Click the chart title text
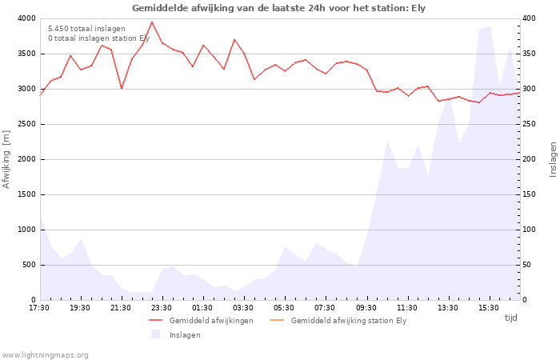coord(278,8)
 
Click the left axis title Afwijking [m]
coord(6,158)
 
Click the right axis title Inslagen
coord(553,158)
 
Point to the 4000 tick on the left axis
coord(26,18)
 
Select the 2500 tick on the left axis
coord(26,124)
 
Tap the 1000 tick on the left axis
coord(26,230)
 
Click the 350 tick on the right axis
coord(530,54)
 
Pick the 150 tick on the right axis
coord(530,194)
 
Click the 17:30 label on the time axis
coord(39,308)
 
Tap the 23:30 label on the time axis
coord(162,308)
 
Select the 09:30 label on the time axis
coord(366,308)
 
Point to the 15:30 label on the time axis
coord(489,308)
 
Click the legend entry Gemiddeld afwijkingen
coord(211,321)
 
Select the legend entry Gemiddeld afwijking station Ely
coord(349,321)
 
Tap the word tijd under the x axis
coord(510,318)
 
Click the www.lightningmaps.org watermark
coord(45,355)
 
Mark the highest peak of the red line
coord(152,22)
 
